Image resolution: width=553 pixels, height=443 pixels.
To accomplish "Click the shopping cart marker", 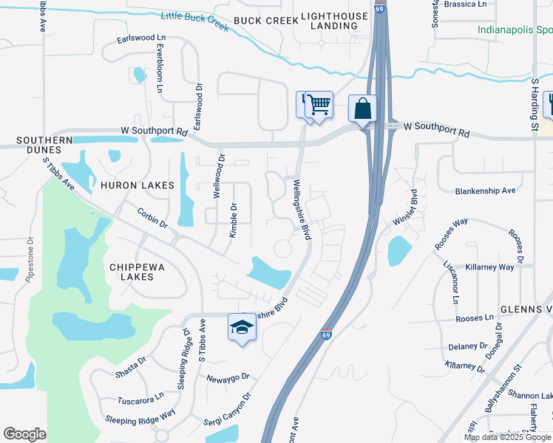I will pos(319,105).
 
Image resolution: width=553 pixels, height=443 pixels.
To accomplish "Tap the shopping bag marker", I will pos(362,109).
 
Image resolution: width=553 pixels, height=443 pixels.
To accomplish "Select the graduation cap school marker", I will pos(241,326).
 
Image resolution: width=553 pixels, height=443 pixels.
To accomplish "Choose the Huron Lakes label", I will pos(138,185).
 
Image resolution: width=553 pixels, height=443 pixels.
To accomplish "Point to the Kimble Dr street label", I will pos(233,220).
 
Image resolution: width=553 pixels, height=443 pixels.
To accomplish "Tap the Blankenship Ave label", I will pos(485,190).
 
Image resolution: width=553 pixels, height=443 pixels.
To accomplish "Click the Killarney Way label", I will pos(490,267).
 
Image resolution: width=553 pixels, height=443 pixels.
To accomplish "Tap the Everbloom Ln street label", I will pos(160,68).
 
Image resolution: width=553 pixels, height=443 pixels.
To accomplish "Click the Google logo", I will pos(24,434).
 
